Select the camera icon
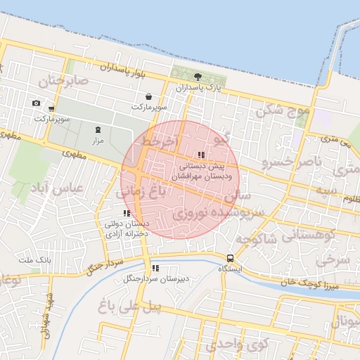37,103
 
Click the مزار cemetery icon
98,129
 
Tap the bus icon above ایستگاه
230,257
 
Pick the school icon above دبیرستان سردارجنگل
155,268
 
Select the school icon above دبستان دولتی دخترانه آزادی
127,213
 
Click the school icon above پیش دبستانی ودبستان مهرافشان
201,155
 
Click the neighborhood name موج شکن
283,110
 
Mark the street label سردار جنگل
104,264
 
